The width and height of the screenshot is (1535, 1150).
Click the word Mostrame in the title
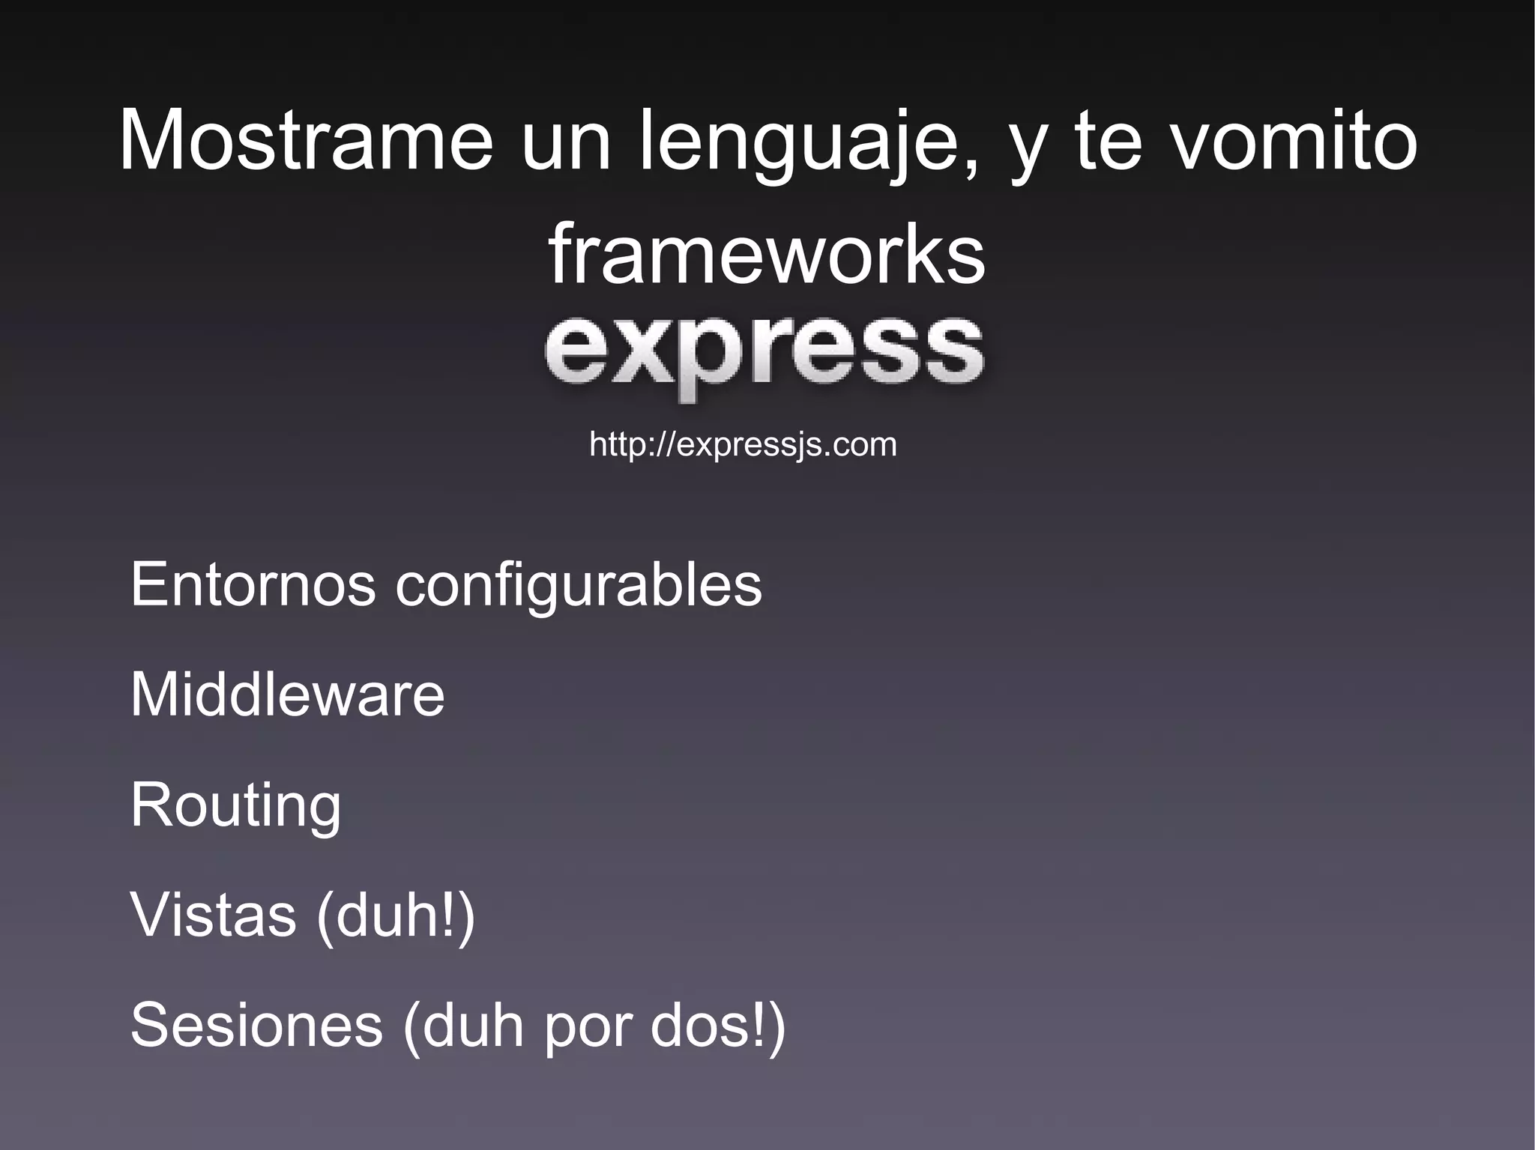click(x=306, y=141)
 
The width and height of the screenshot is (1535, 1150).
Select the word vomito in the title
click(x=1294, y=141)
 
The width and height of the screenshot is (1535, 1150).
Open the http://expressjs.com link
click(x=743, y=444)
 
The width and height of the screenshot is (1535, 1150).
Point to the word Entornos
click(x=253, y=584)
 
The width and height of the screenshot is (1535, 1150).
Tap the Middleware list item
click(x=287, y=694)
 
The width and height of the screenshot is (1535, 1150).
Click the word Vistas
click(x=214, y=915)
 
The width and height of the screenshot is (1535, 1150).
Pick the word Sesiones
click(x=256, y=1025)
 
